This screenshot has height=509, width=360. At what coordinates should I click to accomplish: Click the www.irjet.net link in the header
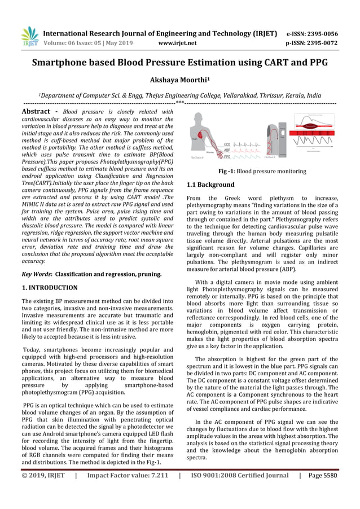pos(177,42)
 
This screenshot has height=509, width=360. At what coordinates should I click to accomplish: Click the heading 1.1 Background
pos(210,185)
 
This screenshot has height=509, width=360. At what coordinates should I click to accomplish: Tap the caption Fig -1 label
pos(226,171)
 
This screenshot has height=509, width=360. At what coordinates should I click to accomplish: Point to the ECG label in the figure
pos(226,144)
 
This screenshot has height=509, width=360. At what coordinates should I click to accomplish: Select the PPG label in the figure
pos(226,157)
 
